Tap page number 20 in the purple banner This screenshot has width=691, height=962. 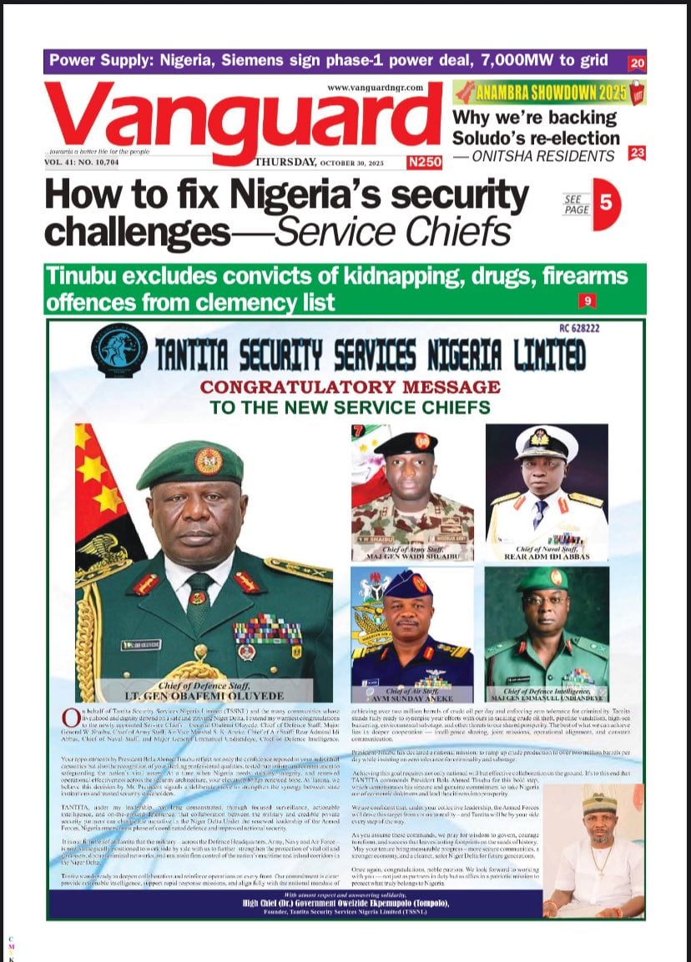637,63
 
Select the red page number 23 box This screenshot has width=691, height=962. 637,153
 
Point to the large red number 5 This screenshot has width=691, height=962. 607,204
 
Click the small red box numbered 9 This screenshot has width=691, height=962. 588,300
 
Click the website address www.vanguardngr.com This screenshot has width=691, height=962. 375,87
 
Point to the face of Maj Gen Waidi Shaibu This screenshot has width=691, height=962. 406,476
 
